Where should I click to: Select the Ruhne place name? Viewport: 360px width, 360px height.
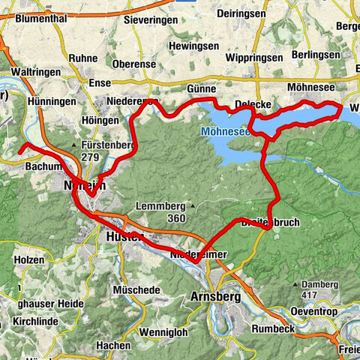pyautogui.click(x=83, y=57)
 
